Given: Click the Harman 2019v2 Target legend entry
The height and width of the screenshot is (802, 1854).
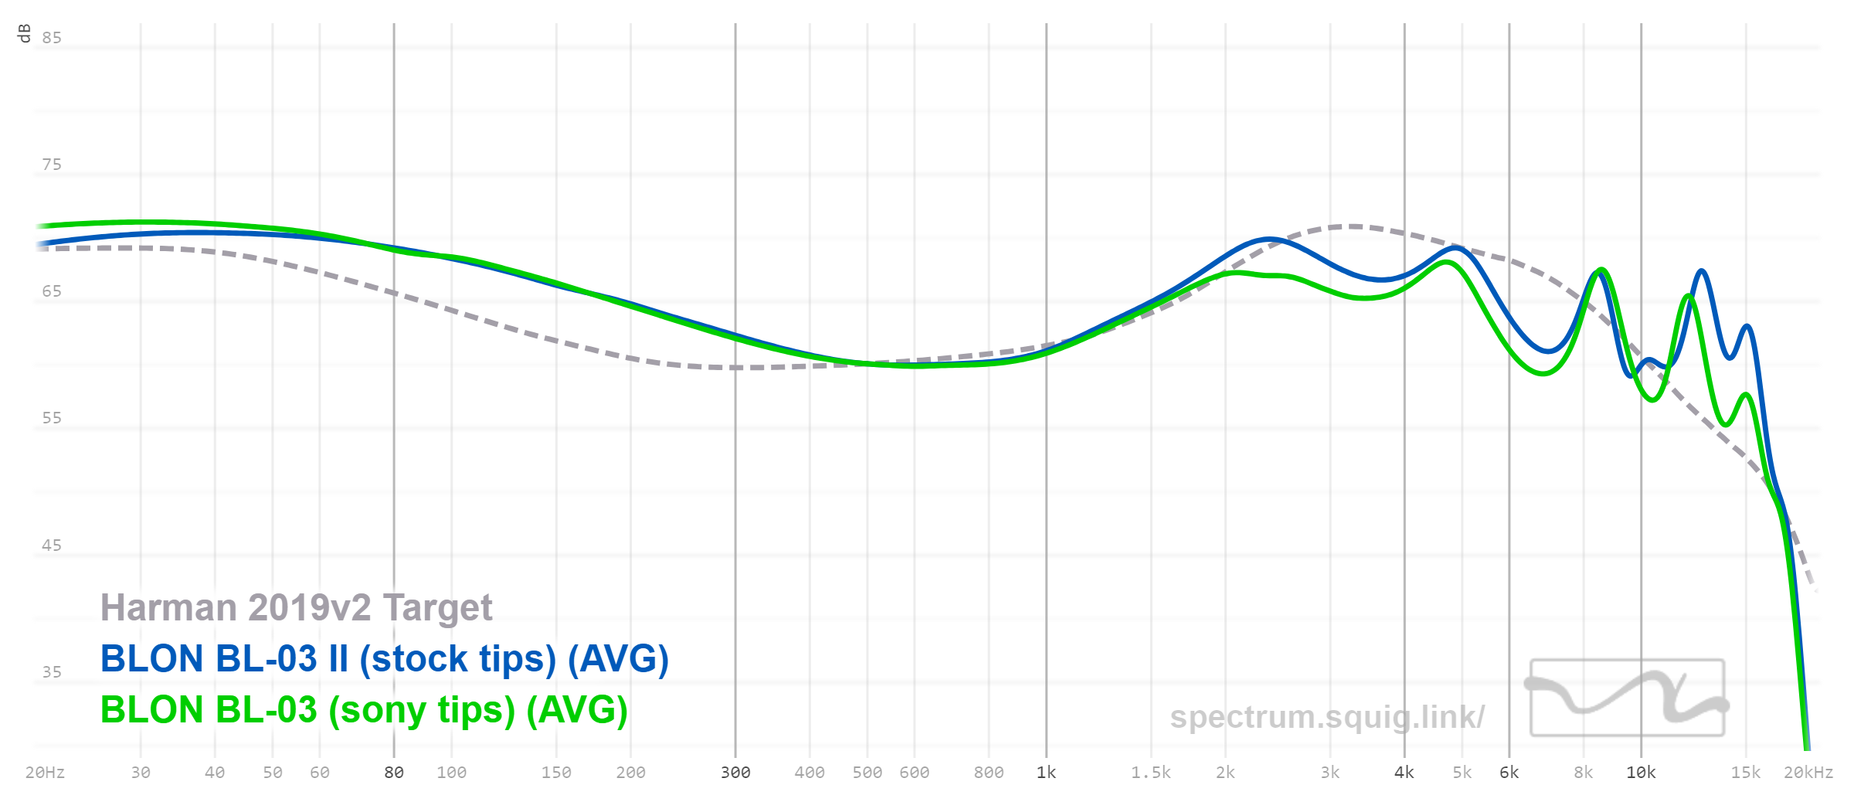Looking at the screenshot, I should pos(296,608).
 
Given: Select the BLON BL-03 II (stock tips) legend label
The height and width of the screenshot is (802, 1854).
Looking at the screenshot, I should pos(384,659).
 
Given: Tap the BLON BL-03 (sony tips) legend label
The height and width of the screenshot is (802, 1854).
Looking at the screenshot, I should pos(364,710).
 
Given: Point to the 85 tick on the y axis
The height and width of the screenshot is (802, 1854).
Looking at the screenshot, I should pos(52,38).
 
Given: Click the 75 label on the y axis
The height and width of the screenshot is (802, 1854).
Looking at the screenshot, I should pos(52,165).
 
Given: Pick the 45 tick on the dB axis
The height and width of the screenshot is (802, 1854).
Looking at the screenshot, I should pos(52,545).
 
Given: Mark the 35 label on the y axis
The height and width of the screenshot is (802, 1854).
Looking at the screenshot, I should pos(52,672).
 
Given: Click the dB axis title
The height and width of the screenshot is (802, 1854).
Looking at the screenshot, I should pos(24,33).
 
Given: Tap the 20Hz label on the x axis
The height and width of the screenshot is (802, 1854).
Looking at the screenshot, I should pos(45,773).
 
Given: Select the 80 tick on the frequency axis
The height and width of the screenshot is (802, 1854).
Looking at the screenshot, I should pos(394,773).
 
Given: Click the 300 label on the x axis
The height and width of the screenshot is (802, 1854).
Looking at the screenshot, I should pos(735,773).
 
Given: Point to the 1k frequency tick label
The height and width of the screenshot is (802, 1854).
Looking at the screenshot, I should pos(1046,773).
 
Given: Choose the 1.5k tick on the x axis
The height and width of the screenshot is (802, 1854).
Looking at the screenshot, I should pos(1151,773).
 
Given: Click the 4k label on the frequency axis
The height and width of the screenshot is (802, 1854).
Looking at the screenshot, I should pos(1404,773).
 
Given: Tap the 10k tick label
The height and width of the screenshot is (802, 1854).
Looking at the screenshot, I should pos(1641,773).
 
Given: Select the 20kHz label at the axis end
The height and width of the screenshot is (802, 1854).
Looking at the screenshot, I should pos(1808,773).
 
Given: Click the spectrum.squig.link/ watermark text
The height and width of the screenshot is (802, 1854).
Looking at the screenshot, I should pos(1326,717).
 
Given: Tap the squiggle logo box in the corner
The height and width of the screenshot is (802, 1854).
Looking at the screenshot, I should pos(1627,697).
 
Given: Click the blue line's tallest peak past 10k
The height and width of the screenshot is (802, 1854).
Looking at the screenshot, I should pos(1702,271).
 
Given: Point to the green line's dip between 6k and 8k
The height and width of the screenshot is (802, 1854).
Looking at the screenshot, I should pos(1543,374).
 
